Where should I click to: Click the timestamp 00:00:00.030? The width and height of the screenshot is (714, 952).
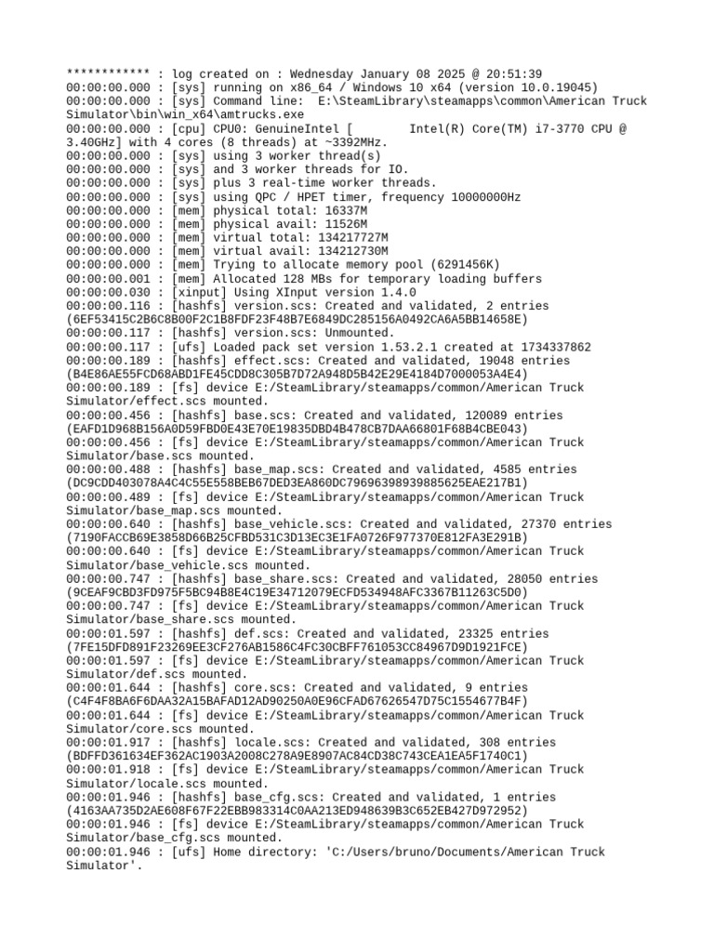[x=108, y=292]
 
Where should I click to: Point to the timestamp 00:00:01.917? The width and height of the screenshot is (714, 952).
[x=108, y=743]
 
